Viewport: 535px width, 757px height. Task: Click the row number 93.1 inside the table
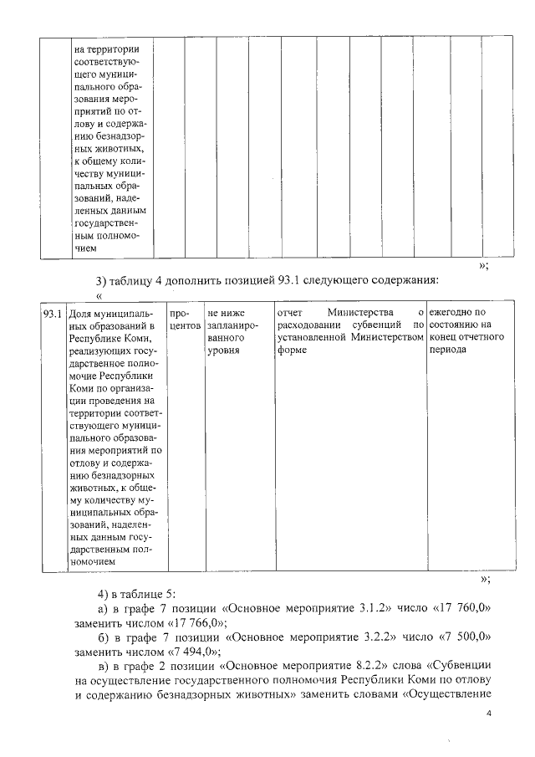pyautogui.click(x=53, y=314)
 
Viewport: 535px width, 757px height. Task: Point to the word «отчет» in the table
pyautogui.click(x=288, y=313)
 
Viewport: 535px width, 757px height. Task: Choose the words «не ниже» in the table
pyautogui.click(x=226, y=313)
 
